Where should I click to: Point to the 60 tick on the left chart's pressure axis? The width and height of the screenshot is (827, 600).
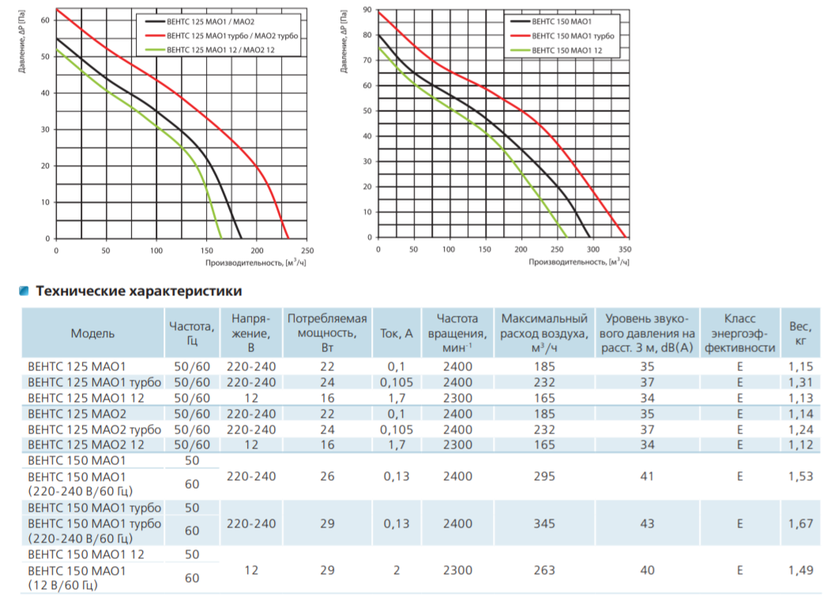click(x=45, y=20)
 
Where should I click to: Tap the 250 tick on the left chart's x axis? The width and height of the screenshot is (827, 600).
click(x=307, y=250)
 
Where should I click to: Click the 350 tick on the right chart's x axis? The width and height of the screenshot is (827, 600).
click(x=625, y=249)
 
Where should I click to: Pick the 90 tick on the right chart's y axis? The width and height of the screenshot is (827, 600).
click(x=367, y=9)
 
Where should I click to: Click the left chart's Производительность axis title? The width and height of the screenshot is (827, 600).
click(x=255, y=262)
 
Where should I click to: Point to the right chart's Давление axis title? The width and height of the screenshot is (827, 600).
click(x=344, y=41)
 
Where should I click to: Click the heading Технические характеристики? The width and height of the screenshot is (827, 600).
click(x=139, y=291)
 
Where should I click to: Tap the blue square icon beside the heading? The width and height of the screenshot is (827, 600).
click(x=24, y=291)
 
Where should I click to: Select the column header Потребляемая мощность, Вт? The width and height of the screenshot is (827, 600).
click(x=327, y=332)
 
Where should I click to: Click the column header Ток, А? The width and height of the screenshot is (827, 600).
click(x=396, y=333)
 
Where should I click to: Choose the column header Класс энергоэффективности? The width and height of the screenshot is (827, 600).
click(x=740, y=332)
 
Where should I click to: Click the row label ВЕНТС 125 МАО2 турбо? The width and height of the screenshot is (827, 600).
click(x=95, y=429)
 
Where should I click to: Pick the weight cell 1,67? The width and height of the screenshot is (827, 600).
click(x=801, y=523)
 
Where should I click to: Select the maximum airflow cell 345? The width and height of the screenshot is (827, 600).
click(x=543, y=523)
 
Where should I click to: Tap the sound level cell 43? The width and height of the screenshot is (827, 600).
click(x=647, y=523)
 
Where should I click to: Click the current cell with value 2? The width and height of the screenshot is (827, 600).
click(x=396, y=570)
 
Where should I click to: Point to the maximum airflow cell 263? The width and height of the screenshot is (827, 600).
click(x=543, y=570)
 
